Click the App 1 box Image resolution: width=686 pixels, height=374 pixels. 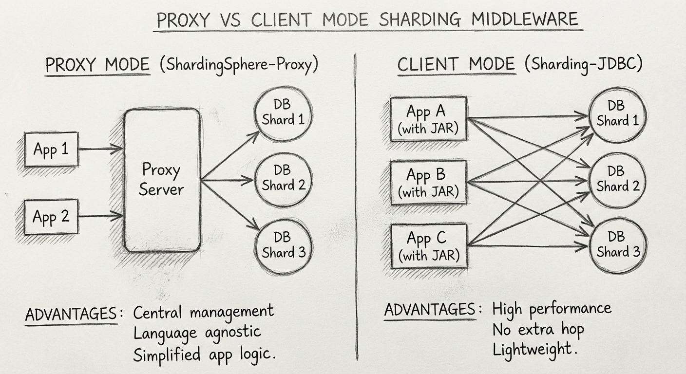click(51, 150)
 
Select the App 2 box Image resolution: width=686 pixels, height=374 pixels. click(51, 216)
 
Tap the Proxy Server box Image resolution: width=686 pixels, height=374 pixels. click(162, 180)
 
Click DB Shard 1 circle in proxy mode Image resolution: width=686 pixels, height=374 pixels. click(283, 114)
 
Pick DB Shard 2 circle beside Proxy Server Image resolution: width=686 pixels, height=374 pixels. click(283, 179)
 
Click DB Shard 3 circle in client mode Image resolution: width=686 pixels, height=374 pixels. click(618, 245)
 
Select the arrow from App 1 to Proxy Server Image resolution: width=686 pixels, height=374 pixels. click(100, 149)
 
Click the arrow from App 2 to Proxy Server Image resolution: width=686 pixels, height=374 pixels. click(100, 216)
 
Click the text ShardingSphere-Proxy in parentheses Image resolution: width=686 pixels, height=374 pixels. click(238, 65)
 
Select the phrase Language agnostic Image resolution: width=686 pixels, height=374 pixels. click(197, 333)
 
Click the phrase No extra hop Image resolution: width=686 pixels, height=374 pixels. click(538, 330)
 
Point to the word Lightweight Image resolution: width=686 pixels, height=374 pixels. click(532, 349)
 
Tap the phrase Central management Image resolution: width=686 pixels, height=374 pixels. click(204, 312)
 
